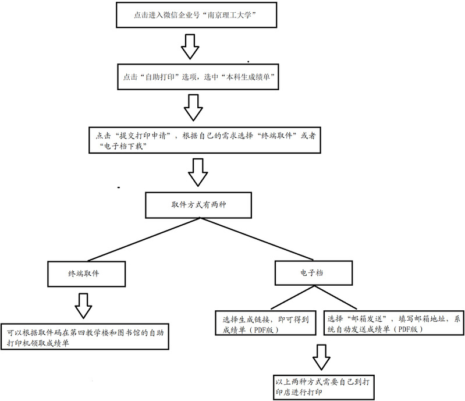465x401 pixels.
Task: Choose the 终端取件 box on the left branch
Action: coord(87,272)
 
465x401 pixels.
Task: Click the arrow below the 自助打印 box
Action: coord(193,107)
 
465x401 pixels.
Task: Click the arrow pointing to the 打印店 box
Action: coord(321,356)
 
